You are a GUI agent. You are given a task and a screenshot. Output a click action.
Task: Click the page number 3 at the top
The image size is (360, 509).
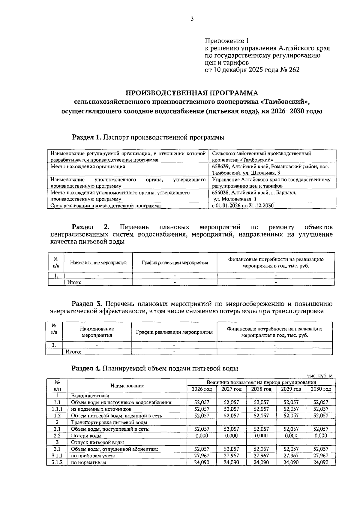click(x=192, y=19)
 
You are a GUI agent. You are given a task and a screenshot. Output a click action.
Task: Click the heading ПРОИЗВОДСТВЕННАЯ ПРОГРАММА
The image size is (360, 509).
click(x=192, y=93)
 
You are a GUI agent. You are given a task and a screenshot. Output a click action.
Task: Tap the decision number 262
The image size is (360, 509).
click(x=294, y=70)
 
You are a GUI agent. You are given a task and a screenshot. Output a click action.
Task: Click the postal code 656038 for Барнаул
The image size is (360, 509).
click(x=221, y=193)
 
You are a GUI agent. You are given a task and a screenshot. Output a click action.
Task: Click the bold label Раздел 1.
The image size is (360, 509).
click(x=87, y=137)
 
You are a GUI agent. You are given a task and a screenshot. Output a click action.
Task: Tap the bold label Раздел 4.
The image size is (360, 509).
click(x=86, y=368)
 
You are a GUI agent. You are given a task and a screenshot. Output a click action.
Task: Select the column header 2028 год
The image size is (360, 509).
click(x=261, y=389)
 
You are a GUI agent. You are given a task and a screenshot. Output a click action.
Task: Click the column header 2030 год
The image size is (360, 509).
click(x=321, y=389)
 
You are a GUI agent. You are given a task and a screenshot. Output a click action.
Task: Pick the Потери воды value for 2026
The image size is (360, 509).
click(x=202, y=435)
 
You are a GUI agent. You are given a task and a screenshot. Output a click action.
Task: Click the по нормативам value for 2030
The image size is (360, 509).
click(x=321, y=462)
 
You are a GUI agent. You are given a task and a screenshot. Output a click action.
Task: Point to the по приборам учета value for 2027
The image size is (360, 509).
click(x=231, y=456)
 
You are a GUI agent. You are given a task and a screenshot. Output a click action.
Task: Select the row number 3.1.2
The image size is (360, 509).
click(x=57, y=462)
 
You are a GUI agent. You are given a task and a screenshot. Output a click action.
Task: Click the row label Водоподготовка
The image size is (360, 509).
click(x=90, y=396)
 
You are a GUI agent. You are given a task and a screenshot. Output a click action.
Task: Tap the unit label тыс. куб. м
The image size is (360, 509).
click(x=319, y=376)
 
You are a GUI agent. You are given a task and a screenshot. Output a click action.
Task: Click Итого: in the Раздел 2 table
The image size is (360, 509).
click(x=74, y=282)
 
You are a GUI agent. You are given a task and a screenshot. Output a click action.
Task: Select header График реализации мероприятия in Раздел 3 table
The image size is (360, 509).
click(x=174, y=332)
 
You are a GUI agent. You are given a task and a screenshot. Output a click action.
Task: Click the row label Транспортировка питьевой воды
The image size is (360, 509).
click(x=109, y=422)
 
